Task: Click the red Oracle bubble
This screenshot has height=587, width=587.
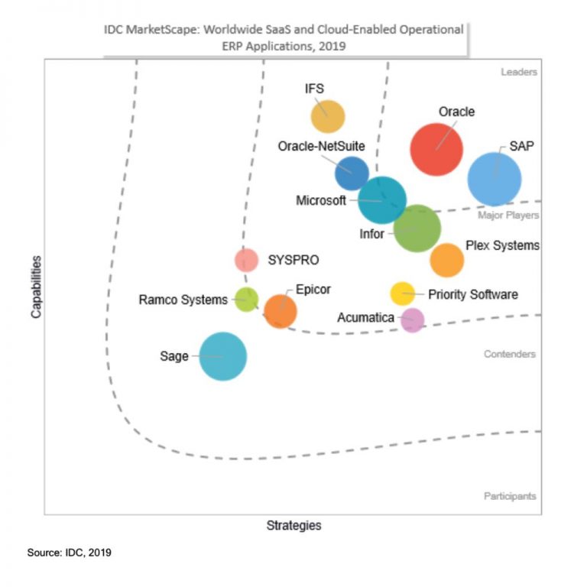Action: [x=436, y=149]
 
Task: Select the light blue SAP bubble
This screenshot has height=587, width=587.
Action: [x=495, y=180]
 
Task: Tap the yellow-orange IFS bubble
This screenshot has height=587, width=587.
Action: [x=328, y=117]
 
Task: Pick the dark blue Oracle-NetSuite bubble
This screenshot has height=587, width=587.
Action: [x=352, y=173]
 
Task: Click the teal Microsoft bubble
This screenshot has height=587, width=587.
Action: [x=382, y=200]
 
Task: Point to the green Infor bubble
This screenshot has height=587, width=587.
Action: [x=417, y=229]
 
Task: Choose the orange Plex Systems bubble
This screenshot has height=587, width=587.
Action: [x=447, y=260]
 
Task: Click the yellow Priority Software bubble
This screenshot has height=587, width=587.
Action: [x=402, y=293]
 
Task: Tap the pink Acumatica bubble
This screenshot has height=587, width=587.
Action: [x=412, y=319]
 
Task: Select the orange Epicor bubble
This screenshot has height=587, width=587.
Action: [x=281, y=311]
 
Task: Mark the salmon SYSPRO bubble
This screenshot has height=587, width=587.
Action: [x=246, y=260]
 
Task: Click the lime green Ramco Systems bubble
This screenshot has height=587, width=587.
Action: [x=246, y=300]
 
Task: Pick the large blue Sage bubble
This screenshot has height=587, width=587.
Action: [x=223, y=356]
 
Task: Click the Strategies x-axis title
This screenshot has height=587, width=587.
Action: [x=293, y=525]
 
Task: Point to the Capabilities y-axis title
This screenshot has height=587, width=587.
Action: [x=36, y=287]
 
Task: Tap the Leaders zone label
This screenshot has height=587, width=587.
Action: [x=519, y=72]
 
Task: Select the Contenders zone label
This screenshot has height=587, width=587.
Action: [x=510, y=354]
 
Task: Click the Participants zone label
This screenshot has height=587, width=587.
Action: [x=510, y=496]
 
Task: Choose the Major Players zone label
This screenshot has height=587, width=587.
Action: [x=508, y=216]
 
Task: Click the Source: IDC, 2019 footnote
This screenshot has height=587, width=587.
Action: [x=70, y=552]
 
